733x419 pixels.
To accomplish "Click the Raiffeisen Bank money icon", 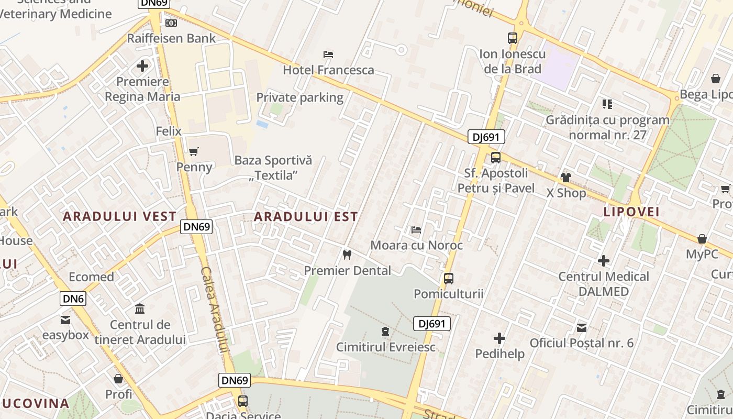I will [x=171, y=23].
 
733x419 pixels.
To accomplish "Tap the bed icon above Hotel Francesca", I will [x=328, y=54].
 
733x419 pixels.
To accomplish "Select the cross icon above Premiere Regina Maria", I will [x=142, y=66].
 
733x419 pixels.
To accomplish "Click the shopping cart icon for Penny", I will [x=194, y=152].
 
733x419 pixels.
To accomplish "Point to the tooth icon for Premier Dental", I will [x=347, y=255].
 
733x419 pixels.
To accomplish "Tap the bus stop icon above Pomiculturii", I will [x=448, y=279].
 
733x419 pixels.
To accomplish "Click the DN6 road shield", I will [x=73, y=299].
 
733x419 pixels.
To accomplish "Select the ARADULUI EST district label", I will [x=306, y=216].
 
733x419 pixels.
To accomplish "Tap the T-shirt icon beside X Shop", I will [x=565, y=178].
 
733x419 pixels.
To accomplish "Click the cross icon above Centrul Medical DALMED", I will [x=604, y=261].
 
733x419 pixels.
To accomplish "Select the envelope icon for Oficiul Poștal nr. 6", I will [x=582, y=328].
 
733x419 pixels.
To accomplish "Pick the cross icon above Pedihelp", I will [x=499, y=338].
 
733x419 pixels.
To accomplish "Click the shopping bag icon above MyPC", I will [x=702, y=239].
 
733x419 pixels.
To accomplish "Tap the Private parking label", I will [x=299, y=97].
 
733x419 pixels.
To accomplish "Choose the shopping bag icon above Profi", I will [x=118, y=378].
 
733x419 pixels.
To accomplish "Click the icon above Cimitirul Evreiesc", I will [x=385, y=332].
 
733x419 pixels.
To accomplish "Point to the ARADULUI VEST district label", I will [x=120, y=216].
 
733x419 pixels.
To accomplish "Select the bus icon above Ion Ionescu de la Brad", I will [x=512, y=38].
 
